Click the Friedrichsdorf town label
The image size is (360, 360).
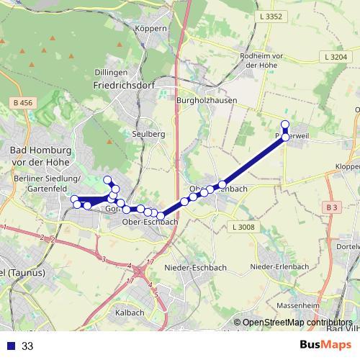point(120,84)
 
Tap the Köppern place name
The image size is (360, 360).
point(150,28)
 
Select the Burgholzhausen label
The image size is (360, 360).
point(204,102)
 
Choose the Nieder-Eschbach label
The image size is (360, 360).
point(196,267)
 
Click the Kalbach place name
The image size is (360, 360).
point(130,312)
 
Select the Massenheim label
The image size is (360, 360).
point(293,306)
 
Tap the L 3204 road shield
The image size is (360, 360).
point(336,56)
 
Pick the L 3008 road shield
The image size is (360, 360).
point(243,228)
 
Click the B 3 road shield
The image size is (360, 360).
point(331,208)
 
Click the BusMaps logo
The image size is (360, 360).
point(325,345)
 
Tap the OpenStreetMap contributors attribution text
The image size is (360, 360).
point(297,323)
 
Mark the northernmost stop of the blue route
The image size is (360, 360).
point(285,124)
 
